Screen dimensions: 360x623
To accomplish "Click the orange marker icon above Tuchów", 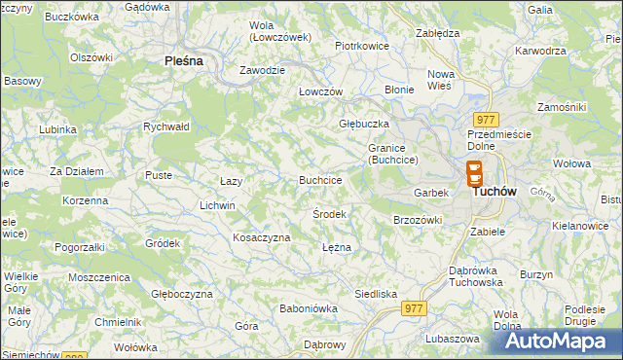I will tap(474, 173).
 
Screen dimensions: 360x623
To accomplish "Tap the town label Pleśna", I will tap(183, 60).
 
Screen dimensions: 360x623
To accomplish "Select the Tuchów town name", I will tap(494, 192).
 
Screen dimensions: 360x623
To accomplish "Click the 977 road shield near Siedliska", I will tap(414, 308).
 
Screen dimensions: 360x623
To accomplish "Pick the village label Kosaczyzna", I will tap(262, 237).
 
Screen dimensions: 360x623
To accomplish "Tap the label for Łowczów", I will tap(321, 90).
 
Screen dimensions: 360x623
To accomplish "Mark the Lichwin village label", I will tap(217, 205).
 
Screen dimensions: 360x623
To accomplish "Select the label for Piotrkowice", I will tap(362, 45).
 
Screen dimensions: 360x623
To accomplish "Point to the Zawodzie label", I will tap(263, 70).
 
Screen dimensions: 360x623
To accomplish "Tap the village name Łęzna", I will tap(336, 247).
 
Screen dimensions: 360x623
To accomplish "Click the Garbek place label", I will tap(431, 193).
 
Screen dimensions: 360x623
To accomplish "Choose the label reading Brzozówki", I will tap(418, 220).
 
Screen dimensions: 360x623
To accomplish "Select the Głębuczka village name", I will tap(364, 124).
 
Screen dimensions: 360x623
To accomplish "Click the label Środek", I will tap(330, 212).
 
